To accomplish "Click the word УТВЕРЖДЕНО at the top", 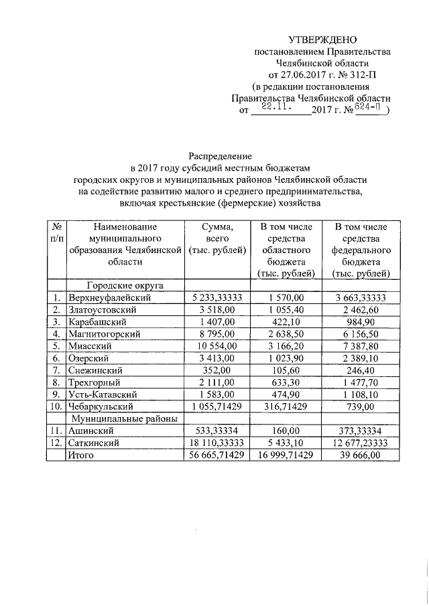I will pos(319,41).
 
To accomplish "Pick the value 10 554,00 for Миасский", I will pos(215,346).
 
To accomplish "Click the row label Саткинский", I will pos(93,443).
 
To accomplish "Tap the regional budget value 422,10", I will pos(288,321).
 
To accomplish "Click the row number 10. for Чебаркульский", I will pos(56,406).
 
